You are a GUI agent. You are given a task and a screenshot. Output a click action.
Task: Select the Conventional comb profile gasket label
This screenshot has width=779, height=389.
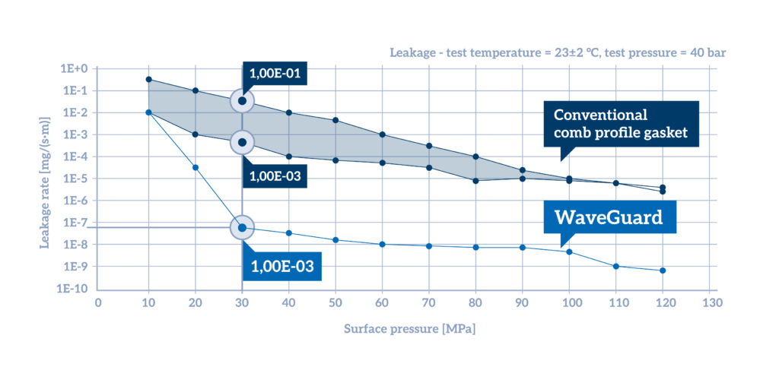tap(620, 124)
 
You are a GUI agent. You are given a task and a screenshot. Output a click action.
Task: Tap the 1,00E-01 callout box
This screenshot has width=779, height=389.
tap(275, 74)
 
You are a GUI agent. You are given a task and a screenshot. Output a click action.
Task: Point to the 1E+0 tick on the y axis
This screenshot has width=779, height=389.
tap(74, 68)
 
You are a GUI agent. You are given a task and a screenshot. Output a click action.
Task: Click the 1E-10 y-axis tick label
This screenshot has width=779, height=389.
tap(72, 289)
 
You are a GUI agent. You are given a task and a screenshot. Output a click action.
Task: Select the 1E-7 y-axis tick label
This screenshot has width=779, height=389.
tap(74, 223)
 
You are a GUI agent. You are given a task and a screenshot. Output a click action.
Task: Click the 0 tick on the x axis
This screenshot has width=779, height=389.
tap(97, 303)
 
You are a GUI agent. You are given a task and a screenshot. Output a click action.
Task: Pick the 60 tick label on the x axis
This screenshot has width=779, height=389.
tap(382, 303)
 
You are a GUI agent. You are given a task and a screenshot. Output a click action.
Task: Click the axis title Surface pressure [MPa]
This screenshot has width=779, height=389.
tap(403, 330)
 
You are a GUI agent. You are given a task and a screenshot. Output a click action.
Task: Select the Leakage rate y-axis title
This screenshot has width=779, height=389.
tap(46, 179)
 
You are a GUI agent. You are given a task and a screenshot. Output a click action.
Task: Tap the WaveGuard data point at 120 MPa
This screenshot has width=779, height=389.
tap(663, 270)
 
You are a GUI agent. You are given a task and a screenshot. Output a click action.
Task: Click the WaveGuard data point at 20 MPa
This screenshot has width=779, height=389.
tap(196, 167)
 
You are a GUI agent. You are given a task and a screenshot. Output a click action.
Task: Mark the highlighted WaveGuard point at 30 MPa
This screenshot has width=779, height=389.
tap(243, 227)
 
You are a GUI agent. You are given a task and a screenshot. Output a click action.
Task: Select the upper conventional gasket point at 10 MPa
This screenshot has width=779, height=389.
tap(148, 79)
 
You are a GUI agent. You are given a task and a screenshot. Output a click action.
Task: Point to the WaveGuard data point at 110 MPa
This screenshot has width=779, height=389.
tap(616, 266)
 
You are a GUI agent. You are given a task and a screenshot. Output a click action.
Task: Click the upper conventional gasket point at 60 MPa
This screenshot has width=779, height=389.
tap(383, 134)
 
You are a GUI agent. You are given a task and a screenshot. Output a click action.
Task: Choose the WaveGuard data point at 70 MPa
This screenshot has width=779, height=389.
tap(429, 245)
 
